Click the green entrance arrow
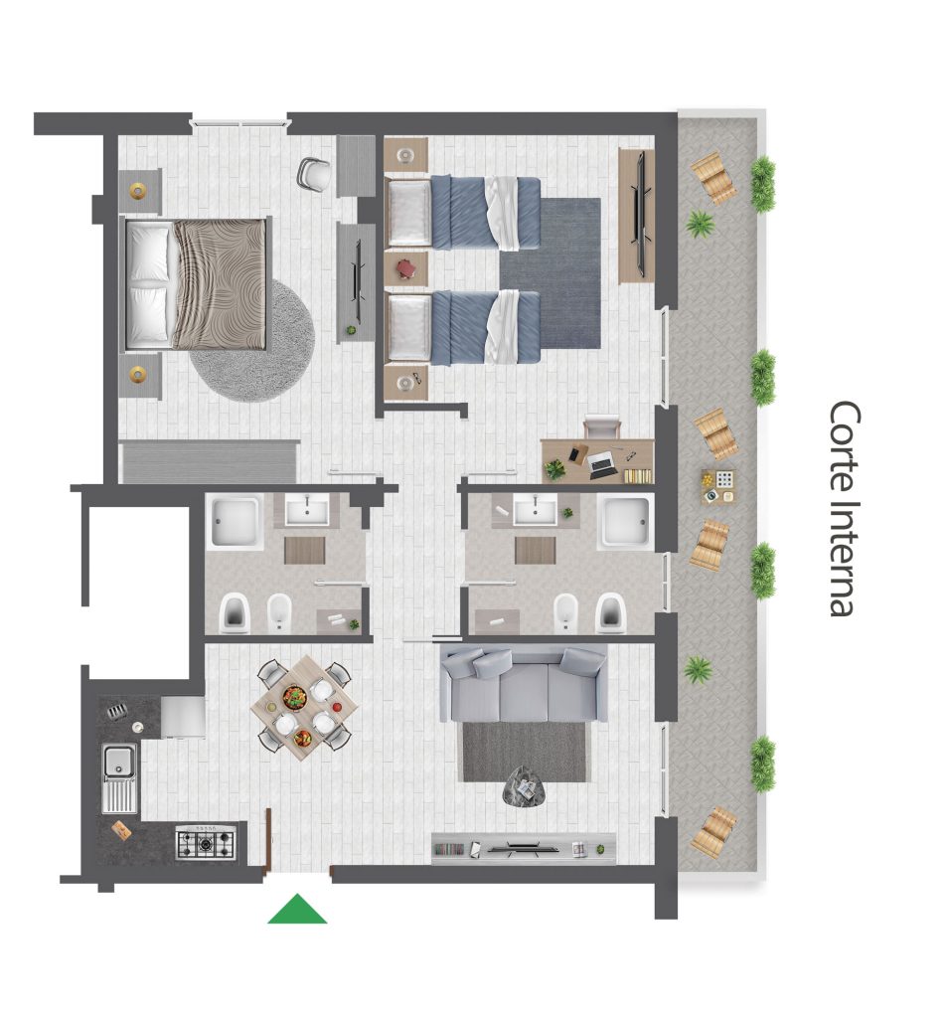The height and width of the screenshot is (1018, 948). [297, 911]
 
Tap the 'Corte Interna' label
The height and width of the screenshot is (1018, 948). [845, 508]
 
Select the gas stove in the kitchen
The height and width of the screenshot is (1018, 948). [206, 842]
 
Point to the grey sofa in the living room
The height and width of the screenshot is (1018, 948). [523, 683]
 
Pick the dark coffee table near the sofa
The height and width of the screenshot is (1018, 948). [525, 787]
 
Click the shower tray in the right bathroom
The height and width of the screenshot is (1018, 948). [625, 522]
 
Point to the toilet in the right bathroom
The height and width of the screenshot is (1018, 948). [610, 612]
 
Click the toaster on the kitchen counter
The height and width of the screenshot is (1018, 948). [116, 712]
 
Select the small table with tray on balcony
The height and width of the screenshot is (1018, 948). [718, 486]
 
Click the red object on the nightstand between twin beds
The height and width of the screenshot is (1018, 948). [405, 267]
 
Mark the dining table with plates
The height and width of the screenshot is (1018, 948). [304, 708]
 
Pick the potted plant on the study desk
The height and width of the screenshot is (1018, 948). [554, 468]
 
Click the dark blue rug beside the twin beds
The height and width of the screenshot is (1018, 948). [551, 272]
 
